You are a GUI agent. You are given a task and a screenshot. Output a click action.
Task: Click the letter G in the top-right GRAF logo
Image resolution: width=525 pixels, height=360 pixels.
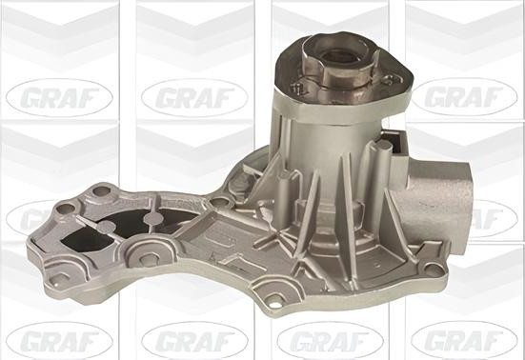(426, 95)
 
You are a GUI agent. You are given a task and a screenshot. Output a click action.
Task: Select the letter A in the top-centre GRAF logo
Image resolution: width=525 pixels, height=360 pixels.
(202, 95)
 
